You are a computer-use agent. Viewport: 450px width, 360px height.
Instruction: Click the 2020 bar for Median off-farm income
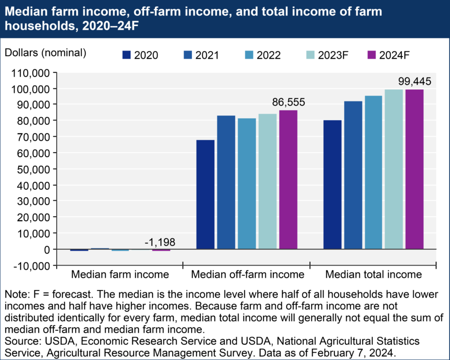pyautogui.click(x=205, y=194)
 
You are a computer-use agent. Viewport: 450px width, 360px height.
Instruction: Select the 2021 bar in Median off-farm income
pyautogui.click(x=226, y=182)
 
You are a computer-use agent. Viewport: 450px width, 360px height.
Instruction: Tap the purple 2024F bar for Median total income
pyautogui.click(x=414, y=169)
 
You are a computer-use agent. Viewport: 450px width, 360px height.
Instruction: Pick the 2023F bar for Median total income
pyautogui.click(x=394, y=169)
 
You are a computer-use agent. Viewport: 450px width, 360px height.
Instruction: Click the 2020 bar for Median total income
pyautogui.click(x=332, y=184)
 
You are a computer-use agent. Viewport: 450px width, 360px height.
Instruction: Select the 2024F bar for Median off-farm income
pyautogui.click(x=288, y=180)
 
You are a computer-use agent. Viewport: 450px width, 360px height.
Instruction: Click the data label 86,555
pyautogui.click(x=287, y=102)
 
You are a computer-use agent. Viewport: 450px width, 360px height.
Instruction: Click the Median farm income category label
pyautogui.click(x=120, y=275)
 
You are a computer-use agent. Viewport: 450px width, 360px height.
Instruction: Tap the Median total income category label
pyautogui.click(x=374, y=275)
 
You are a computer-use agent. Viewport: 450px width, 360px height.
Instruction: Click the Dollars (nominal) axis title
pyautogui.click(x=45, y=53)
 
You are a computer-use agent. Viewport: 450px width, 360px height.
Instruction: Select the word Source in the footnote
pyautogui.click(x=20, y=341)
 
